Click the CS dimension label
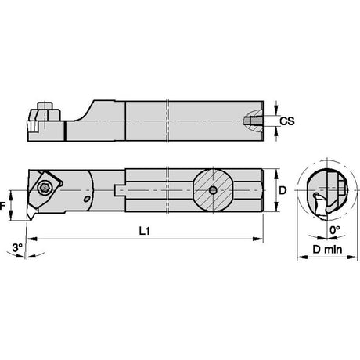pos(287,121)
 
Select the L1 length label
pos(145,231)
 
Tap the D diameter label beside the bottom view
pos(283,191)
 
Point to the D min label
pos(327,250)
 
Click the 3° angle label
pos(18,247)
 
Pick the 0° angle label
pos(335,230)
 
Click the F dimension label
pos(2,207)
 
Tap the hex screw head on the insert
pos(43,187)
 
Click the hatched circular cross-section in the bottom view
pos(214,190)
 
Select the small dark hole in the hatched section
pos(213,190)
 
